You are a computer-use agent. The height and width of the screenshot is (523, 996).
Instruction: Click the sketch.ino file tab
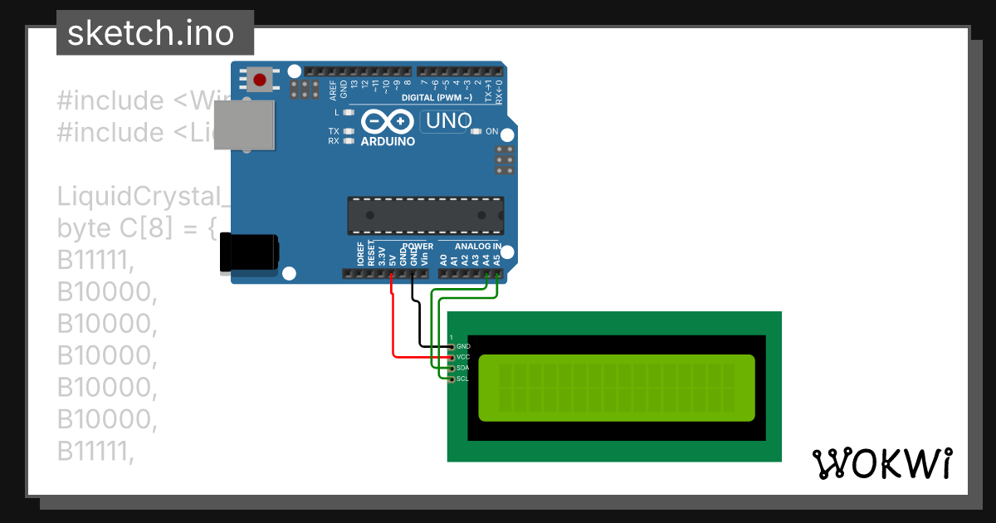click(x=155, y=33)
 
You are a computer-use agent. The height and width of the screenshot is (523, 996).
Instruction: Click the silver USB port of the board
click(x=245, y=125)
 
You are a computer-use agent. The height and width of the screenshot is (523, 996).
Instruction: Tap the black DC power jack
click(x=247, y=252)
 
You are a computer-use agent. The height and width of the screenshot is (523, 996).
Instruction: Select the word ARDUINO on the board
click(x=388, y=141)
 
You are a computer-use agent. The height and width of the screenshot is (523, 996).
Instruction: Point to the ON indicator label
click(x=491, y=131)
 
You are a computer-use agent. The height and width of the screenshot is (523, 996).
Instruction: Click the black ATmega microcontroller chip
click(x=425, y=215)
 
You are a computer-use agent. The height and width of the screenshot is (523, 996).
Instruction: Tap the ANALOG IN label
click(x=476, y=247)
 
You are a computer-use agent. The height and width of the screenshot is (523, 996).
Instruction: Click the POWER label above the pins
click(x=417, y=247)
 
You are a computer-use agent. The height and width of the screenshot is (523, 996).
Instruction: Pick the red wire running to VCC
click(x=393, y=332)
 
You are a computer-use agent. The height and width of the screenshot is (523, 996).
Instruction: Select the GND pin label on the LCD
click(x=464, y=346)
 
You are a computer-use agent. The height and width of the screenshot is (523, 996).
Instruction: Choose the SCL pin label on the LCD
click(x=463, y=379)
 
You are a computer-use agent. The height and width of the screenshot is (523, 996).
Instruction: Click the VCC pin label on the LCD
click(x=463, y=357)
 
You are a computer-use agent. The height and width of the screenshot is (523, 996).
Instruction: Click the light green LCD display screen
click(x=616, y=387)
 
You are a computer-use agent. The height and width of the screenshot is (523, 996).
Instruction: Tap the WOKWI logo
click(x=881, y=463)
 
